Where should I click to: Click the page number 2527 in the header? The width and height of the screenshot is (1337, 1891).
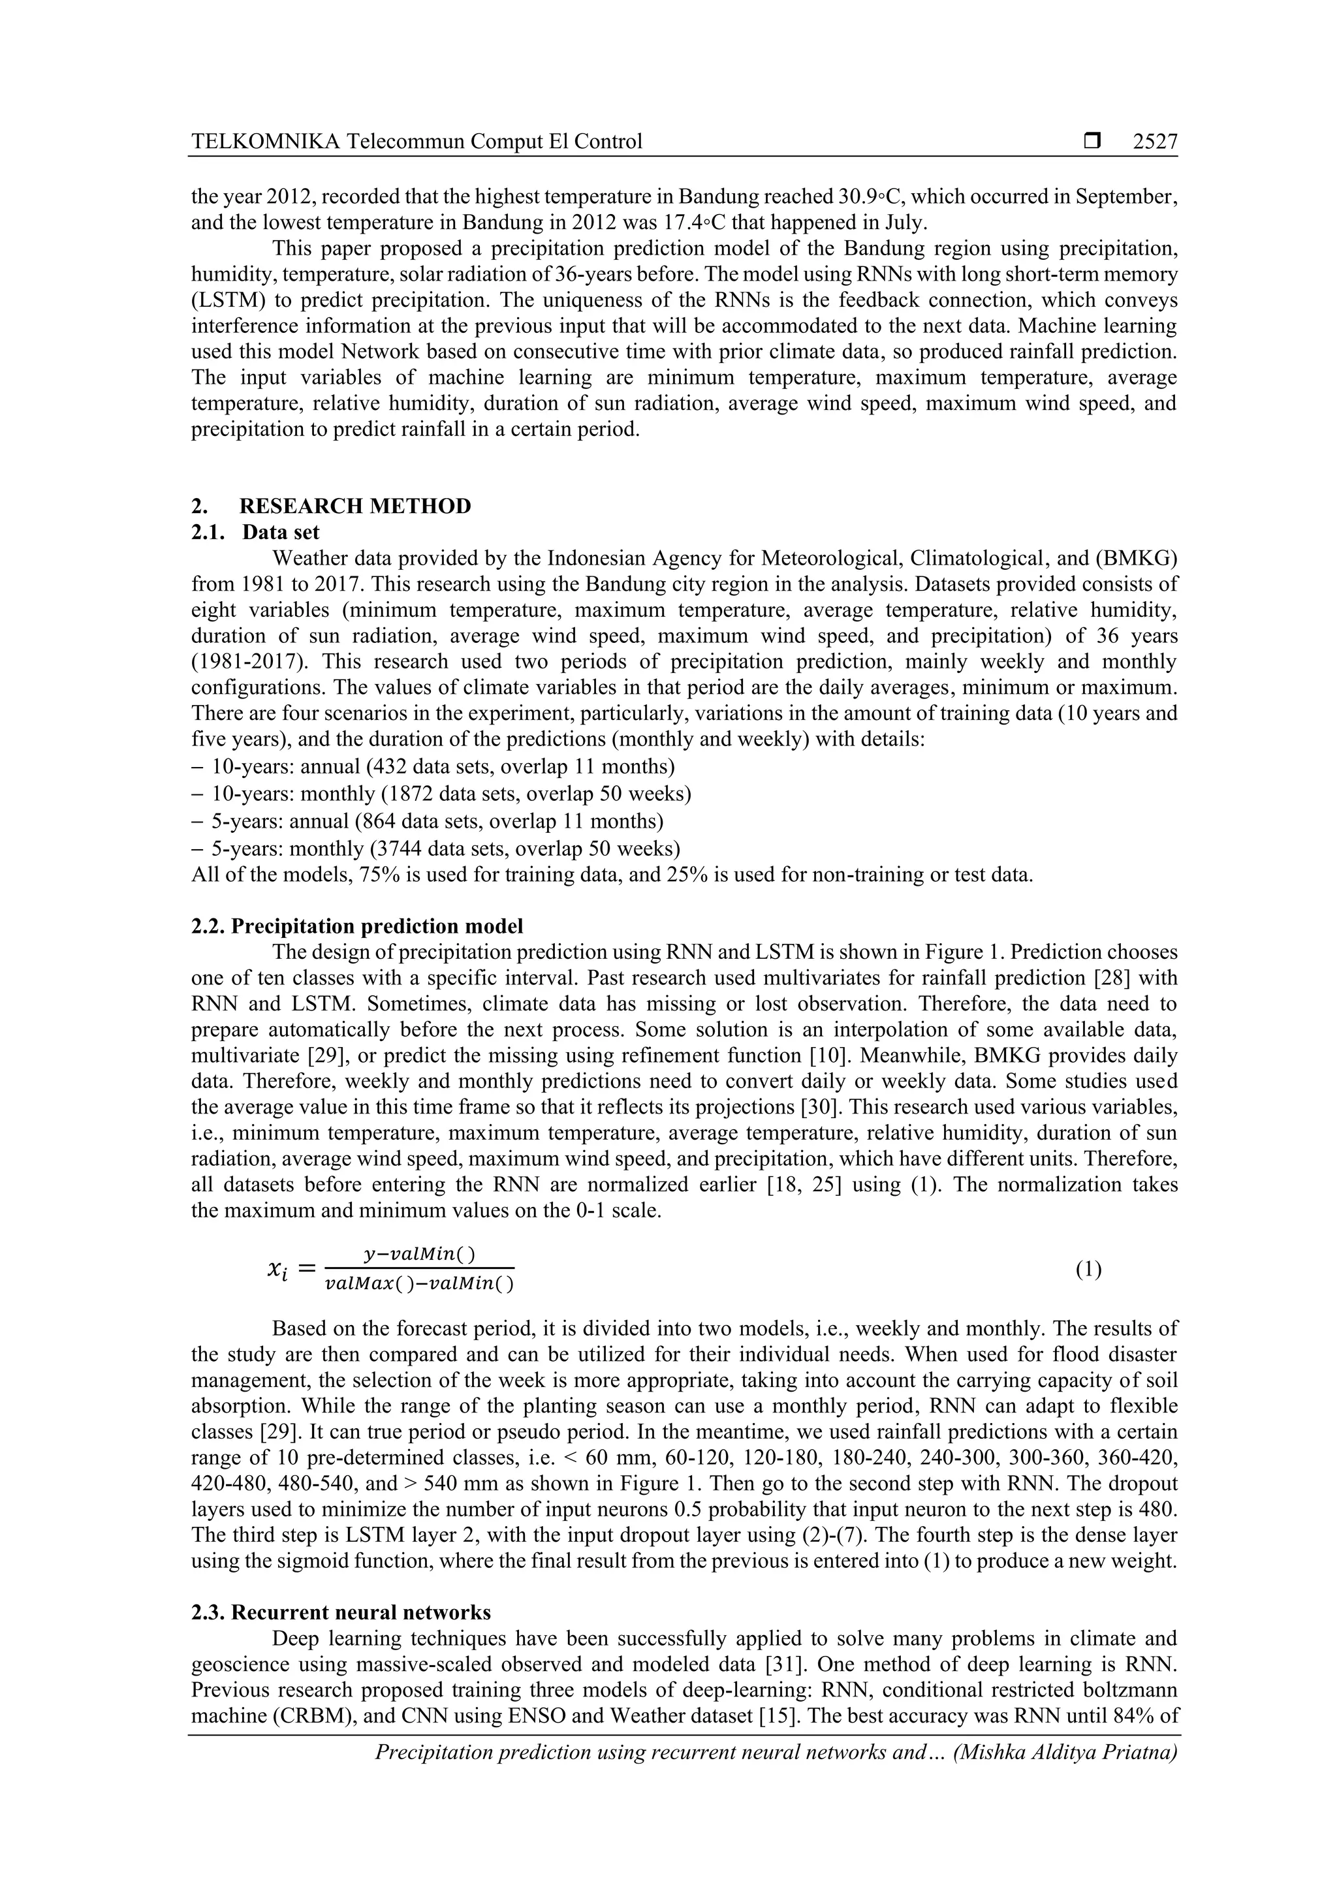[x=1155, y=142]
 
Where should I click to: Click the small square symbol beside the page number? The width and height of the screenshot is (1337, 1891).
[x=1092, y=142]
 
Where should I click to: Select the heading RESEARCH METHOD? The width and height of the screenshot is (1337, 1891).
[x=355, y=506]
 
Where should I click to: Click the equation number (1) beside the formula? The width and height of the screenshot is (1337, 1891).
[x=1088, y=1269]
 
